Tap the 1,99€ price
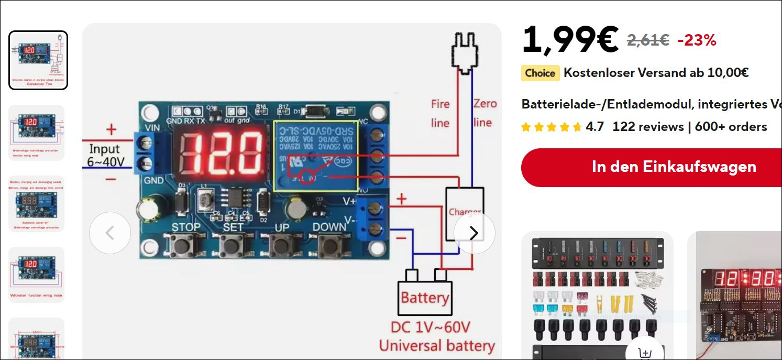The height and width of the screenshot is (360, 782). [x=570, y=40]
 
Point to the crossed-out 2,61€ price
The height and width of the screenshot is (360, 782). [x=648, y=40]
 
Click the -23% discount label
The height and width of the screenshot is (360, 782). [x=697, y=40]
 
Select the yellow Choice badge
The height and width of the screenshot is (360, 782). [x=540, y=73]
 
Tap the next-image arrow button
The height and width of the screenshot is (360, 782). [x=474, y=233]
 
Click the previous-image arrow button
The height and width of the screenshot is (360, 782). [x=110, y=233]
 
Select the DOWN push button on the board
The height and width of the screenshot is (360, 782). [x=330, y=245]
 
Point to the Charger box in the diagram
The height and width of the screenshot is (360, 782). [x=465, y=213]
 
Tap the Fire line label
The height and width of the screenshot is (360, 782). [x=440, y=113]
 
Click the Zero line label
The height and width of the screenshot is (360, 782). [x=484, y=113]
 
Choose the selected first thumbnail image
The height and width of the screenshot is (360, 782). [x=38, y=60]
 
